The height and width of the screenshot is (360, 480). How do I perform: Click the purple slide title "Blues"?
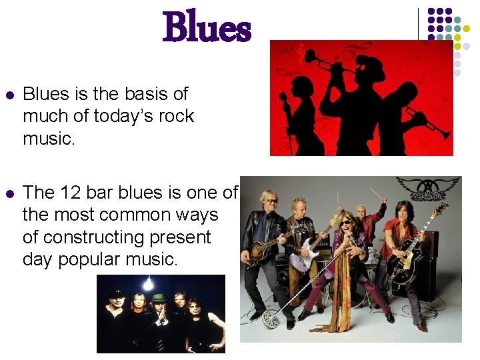(x=207, y=29)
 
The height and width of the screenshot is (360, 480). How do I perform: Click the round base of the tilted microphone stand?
(x=271, y=319)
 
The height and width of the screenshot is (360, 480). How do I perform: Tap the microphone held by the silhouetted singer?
(x=284, y=97)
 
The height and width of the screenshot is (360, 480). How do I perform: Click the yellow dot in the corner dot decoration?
(x=457, y=38)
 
